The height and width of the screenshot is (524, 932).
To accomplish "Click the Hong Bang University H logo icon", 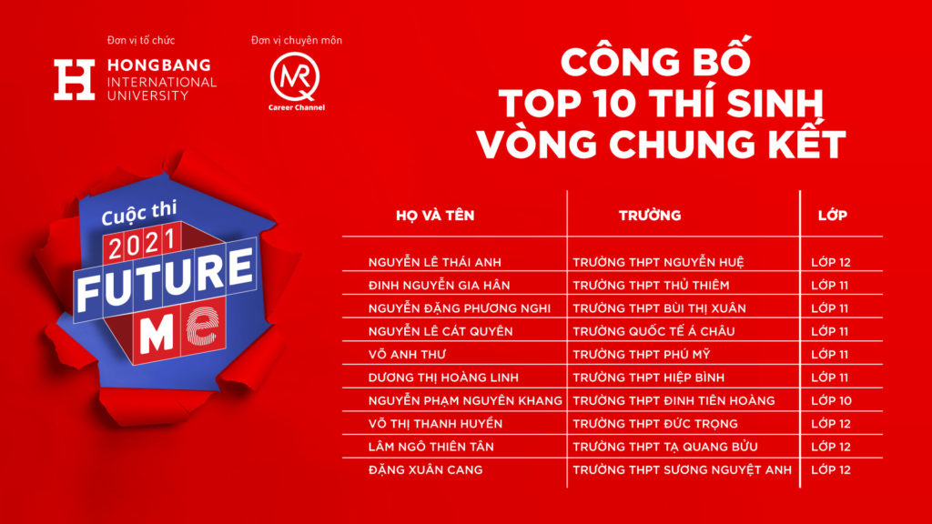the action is click(75, 79).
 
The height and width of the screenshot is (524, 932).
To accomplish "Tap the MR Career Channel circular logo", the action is click(295, 76).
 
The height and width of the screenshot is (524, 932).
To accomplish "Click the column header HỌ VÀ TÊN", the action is click(435, 216).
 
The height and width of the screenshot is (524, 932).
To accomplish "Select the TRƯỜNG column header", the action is click(650, 216).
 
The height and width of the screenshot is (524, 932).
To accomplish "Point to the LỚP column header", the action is click(832, 216).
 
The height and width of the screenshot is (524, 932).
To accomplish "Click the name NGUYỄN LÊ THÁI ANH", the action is click(434, 262).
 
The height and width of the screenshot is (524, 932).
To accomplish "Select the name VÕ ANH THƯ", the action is click(407, 355).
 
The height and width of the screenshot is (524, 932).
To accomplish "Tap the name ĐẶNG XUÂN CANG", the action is click(426, 470).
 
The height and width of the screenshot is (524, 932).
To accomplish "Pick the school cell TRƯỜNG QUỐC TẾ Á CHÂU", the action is click(653, 331).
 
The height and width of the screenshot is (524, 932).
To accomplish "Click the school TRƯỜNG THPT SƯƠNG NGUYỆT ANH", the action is click(683, 470).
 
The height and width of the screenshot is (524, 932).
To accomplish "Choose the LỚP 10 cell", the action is click(832, 401).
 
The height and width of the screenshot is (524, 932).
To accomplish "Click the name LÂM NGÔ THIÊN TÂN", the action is click(431, 447).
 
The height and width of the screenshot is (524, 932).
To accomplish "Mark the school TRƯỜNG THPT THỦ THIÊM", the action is click(651, 285).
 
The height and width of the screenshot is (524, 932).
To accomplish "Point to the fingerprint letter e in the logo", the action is click(202, 326).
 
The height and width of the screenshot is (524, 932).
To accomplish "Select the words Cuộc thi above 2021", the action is click(139, 213).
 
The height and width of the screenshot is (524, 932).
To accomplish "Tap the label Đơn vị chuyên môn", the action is click(297, 40).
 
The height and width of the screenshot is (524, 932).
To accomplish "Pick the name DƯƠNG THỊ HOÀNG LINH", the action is click(443, 378).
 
